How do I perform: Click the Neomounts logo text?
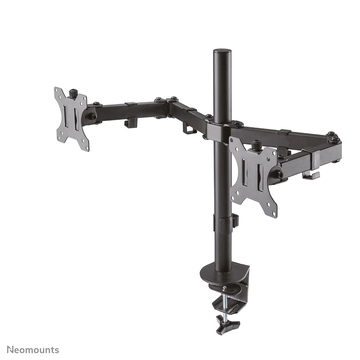pos(33,350)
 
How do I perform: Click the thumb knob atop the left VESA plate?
pos(74,93)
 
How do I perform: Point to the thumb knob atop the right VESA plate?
pos(256,145)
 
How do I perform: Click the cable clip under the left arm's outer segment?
pos(131,123)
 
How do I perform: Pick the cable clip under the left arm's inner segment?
pos(189,128)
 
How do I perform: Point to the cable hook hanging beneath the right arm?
pos(311,175)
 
